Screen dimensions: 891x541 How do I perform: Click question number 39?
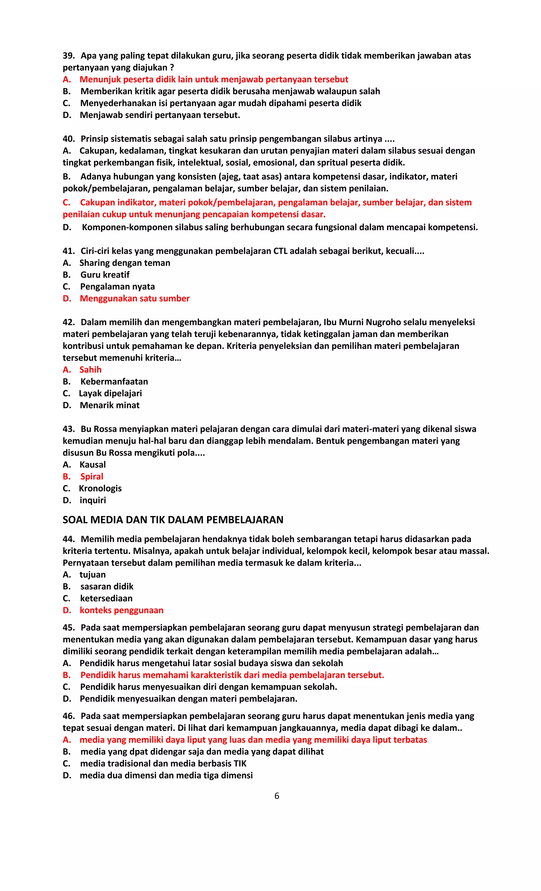(x=68, y=56)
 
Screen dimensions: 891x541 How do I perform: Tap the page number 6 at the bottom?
(x=277, y=796)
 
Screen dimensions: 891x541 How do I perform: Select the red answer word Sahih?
(x=90, y=370)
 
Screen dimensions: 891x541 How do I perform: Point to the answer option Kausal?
(x=92, y=464)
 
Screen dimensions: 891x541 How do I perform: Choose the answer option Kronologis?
(x=100, y=488)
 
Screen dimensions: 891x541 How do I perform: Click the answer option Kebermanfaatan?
(x=114, y=381)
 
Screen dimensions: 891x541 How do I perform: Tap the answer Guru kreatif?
(x=105, y=274)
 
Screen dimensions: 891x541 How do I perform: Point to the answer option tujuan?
(x=92, y=575)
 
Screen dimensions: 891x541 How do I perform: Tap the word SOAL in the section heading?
(x=75, y=520)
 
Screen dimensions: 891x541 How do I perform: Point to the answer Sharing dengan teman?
(x=125, y=263)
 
